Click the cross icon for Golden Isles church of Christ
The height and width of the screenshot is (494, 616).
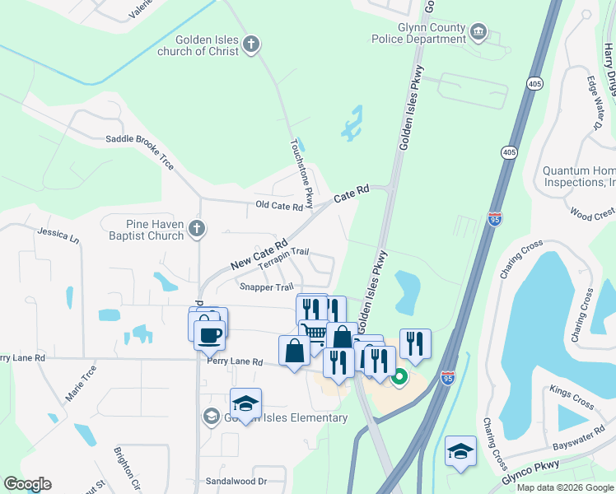[x=252, y=44]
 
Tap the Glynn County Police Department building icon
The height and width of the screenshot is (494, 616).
[x=478, y=33]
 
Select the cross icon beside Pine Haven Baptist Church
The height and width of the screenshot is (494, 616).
[x=196, y=229]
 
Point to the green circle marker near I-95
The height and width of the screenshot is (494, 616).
[x=399, y=378]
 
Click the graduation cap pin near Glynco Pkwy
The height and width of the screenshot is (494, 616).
[x=461, y=451]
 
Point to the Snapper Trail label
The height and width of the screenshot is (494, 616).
[x=266, y=287]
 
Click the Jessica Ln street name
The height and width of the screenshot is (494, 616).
[x=58, y=236]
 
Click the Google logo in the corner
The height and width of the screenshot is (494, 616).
[x=27, y=484]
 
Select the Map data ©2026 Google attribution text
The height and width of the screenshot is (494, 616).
[x=564, y=487]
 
